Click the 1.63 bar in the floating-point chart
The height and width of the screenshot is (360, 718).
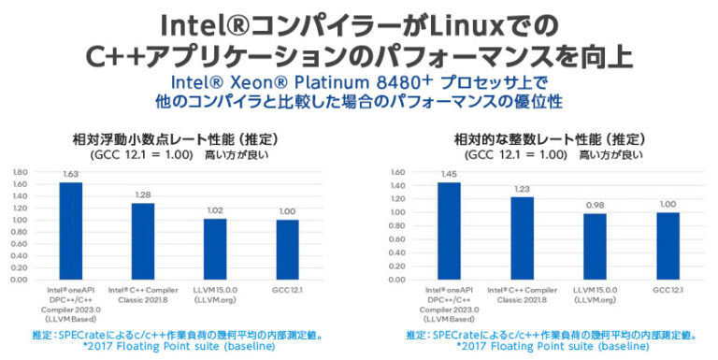click(71, 230)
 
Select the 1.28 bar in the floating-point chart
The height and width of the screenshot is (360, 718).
click(143, 240)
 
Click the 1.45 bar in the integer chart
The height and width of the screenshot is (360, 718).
click(450, 230)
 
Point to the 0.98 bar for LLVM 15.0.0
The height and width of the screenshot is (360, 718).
click(595, 246)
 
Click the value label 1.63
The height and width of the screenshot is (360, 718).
click(71, 175)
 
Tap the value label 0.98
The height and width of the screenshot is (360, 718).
click(595, 207)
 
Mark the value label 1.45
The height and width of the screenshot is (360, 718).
click(450, 175)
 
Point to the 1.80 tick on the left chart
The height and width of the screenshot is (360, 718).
click(21, 172)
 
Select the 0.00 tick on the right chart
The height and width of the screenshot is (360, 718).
click(398, 280)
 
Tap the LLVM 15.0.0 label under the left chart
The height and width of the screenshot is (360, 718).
click(216, 294)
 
